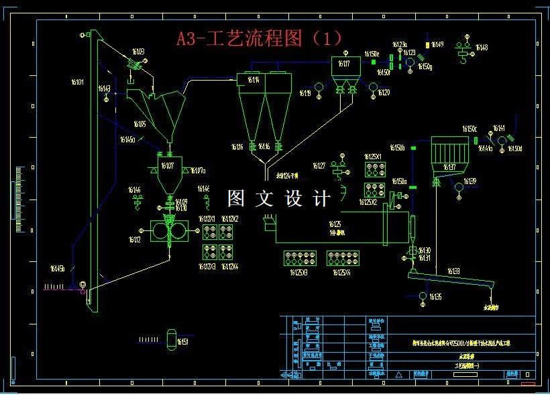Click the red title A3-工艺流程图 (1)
pyautogui.click(x=260, y=38)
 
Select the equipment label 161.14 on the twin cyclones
pyautogui.click(x=254, y=80)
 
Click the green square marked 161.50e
pyautogui.click(x=374, y=61)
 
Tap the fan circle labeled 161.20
pyautogui.click(x=373, y=86)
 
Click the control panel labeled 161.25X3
pyautogui.click(x=300, y=258)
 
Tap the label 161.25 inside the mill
pyautogui.click(x=335, y=224)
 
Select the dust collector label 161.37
pyautogui.click(x=449, y=167)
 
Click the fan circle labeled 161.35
pyautogui.click(x=423, y=296)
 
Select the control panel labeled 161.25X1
pyautogui.click(x=373, y=169)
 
